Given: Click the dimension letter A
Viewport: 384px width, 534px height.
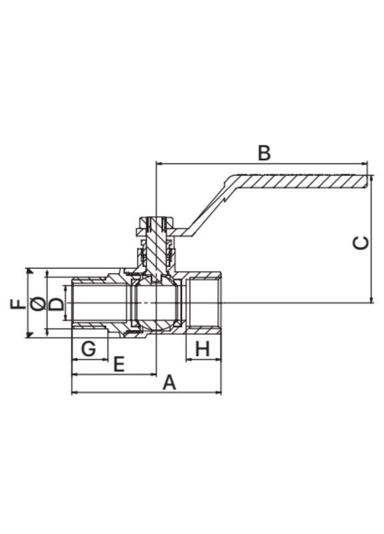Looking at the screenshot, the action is (x=169, y=382).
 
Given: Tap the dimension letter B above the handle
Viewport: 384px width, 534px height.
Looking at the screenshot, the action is (x=264, y=153).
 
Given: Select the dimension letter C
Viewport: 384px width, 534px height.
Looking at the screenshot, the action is (x=361, y=243).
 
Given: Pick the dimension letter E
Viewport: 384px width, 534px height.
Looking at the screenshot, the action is (x=119, y=364).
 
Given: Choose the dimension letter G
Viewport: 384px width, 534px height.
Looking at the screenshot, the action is (x=89, y=348).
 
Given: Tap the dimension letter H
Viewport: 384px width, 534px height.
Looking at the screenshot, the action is (x=202, y=348).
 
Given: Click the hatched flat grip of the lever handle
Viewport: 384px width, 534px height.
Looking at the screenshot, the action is (x=300, y=182).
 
